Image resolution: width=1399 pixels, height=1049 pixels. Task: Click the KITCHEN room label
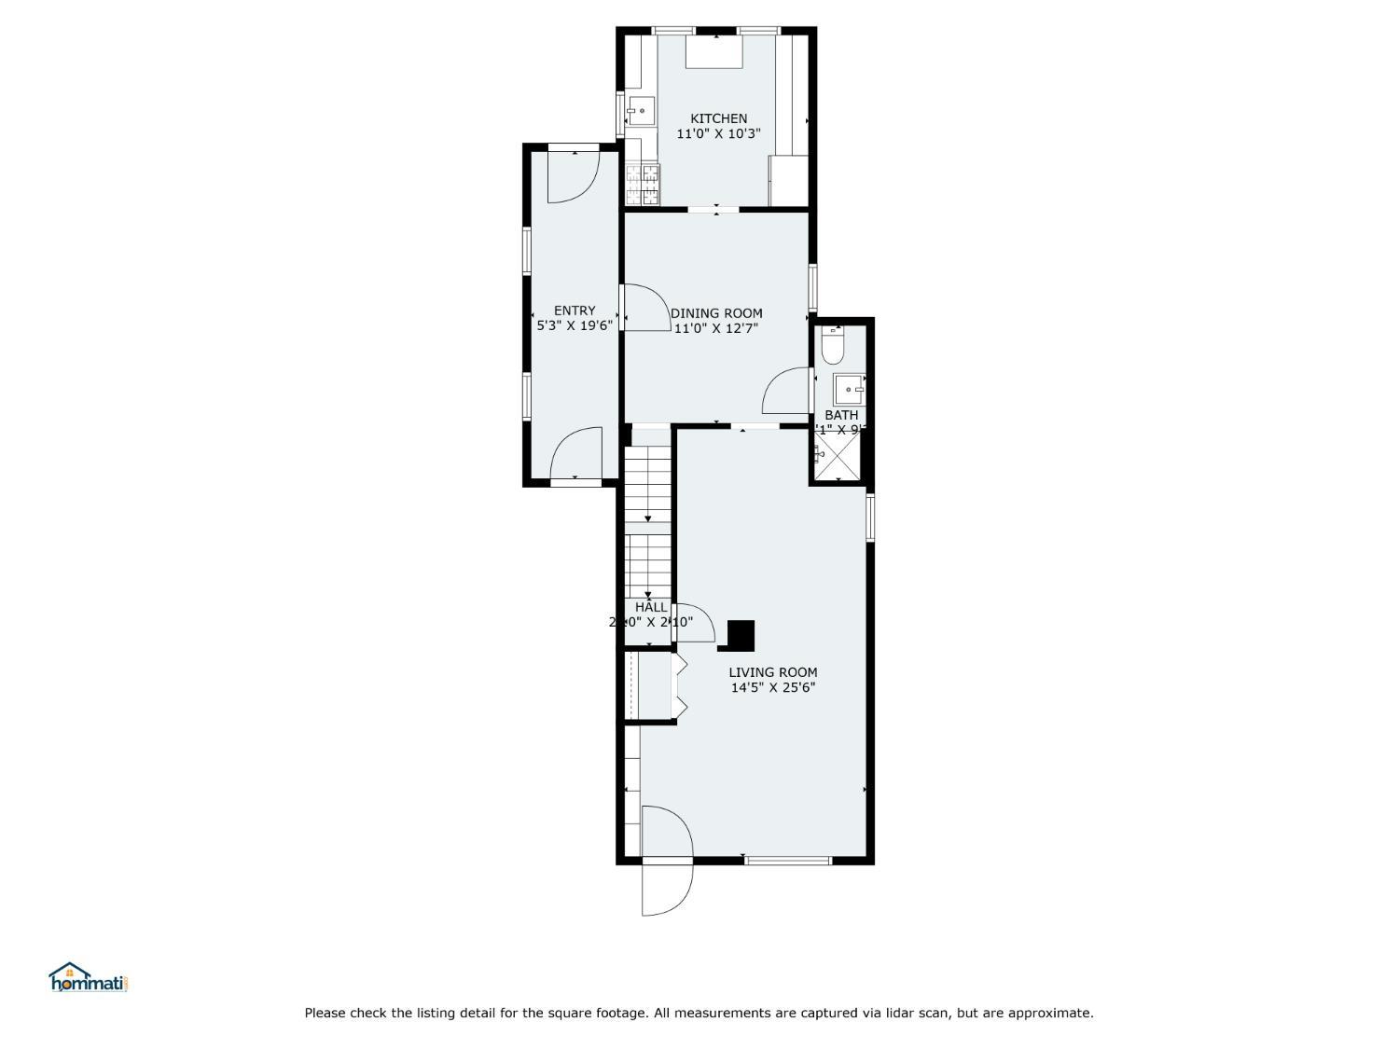tap(718, 118)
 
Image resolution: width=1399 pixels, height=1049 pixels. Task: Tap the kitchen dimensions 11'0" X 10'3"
tap(718, 134)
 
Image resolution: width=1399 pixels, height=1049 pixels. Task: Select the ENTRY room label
tap(575, 311)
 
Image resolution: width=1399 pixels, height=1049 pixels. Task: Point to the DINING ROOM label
tap(716, 313)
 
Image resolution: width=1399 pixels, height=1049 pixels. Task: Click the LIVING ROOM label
tap(772, 672)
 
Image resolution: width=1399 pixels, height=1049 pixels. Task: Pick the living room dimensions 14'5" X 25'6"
tap(772, 688)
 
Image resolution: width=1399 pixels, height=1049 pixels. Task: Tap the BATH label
tap(840, 415)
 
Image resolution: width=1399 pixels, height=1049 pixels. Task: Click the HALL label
tap(650, 607)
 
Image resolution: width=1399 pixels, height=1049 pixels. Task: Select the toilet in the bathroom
tap(833, 347)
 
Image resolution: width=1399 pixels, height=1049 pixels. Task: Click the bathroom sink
tap(848, 387)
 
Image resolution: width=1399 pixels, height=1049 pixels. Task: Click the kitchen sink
tap(640, 112)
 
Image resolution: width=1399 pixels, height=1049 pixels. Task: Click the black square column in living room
tap(740, 636)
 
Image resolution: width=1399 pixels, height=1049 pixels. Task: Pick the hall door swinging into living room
tap(694, 621)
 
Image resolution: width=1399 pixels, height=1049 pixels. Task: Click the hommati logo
tap(88, 978)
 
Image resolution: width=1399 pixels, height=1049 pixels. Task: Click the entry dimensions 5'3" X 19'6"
tap(575, 326)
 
